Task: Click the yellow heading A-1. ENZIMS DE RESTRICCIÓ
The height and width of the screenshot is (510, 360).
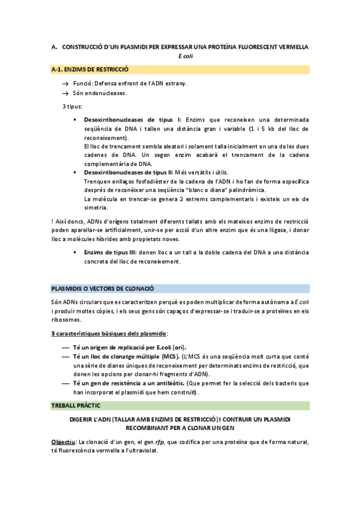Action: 90,70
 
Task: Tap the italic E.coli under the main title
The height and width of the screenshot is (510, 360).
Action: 186,56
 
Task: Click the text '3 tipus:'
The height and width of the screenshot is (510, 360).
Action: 74,106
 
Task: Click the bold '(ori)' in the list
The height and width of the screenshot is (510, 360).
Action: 177,347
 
